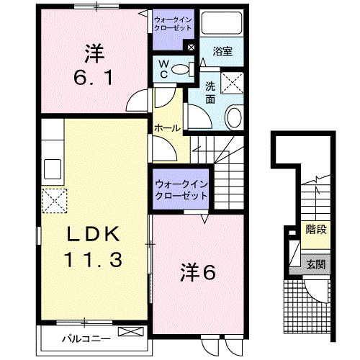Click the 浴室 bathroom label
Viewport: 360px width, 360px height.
tap(222, 51)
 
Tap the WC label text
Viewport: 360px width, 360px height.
tap(164, 71)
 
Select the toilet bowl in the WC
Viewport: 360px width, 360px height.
tap(184, 70)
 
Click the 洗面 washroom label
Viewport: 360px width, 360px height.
tap(210, 93)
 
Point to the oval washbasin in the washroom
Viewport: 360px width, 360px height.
tap(234, 117)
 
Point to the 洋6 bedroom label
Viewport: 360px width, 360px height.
tap(197, 271)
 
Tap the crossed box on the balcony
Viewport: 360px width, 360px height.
tap(131, 333)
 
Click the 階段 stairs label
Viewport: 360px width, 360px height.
tap(315, 230)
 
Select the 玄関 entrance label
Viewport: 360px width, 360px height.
tap(315, 264)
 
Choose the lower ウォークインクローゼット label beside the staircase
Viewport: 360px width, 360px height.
tap(181, 189)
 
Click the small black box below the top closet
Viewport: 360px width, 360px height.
tap(190, 49)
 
